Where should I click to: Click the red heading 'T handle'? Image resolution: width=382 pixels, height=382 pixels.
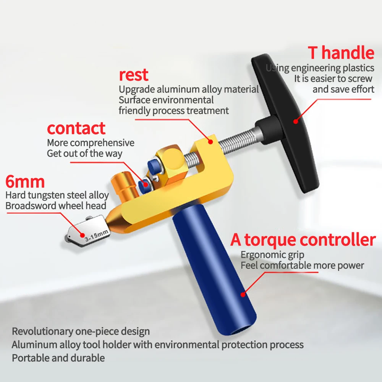click(341, 53)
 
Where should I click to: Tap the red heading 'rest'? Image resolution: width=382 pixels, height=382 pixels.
click(134, 75)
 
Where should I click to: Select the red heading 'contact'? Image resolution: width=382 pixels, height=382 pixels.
click(76, 128)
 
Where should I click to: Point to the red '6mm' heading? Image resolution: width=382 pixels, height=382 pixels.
click(25, 181)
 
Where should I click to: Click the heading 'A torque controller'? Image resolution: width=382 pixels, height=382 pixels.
click(303, 240)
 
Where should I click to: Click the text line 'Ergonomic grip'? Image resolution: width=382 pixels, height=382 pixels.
click(272, 255)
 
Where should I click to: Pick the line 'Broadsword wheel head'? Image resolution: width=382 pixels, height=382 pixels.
click(55, 206)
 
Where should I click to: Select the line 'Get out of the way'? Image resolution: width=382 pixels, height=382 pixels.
click(84, 154)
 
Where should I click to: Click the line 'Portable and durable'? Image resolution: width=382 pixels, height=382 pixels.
click(58, 358)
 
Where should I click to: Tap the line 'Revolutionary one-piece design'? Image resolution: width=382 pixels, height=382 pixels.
click(81, 331)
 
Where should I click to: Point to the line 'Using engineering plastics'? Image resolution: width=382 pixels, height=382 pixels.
click(320, 68)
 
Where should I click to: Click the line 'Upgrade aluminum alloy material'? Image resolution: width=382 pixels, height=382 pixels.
click(189, 89)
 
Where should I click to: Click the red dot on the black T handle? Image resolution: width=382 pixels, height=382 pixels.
click(295, 121)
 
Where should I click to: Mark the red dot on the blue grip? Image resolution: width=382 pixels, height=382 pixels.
click(243, 295)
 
